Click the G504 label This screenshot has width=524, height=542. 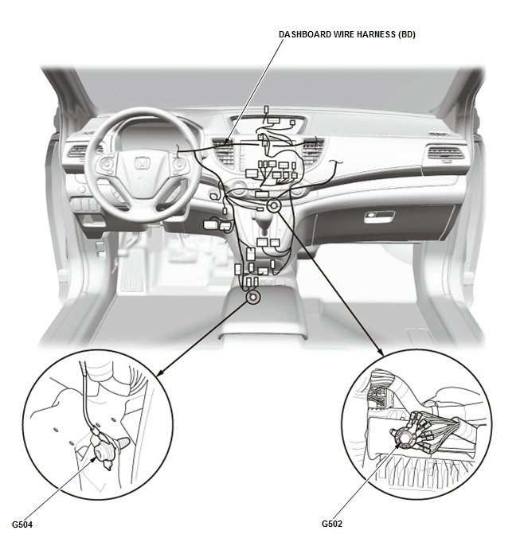pos(22,524)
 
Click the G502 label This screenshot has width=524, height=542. pos(332,524)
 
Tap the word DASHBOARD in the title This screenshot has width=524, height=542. pos(305,34)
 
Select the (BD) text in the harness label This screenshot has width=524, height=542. pos(406,34)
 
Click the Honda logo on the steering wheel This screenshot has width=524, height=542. pos(142,163)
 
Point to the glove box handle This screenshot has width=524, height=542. pos(379,216)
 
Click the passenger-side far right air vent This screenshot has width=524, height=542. pos(445,153)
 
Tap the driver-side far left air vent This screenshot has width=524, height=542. pos(79,151)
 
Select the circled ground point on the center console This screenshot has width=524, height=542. pos(252,298)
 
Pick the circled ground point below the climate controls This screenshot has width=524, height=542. pos(274,205)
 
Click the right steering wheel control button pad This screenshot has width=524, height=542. pos(179,164)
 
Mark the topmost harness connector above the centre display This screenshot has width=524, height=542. pos(266,110)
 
